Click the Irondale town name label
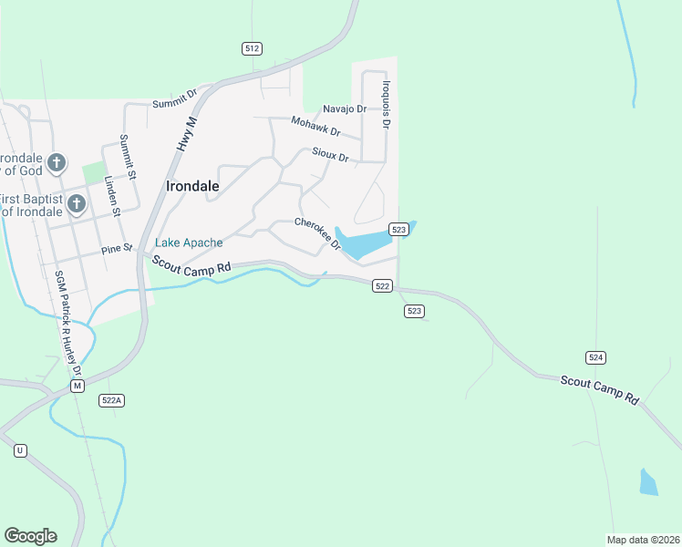point(192,186)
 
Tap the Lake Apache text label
point(189,243)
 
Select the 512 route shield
point(253,48)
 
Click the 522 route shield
point(383,286)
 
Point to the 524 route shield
point(596,357)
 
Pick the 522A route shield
point(111,400)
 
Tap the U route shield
point(20,450)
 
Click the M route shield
point(78,387)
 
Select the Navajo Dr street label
point(344,108)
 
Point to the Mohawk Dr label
point(315,125)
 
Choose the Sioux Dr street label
point(330,155)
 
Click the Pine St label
point(117,248)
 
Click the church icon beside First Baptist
point(76,202)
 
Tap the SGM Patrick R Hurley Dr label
point(68,324)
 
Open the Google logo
point(30,536)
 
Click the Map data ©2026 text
point(644,540)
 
